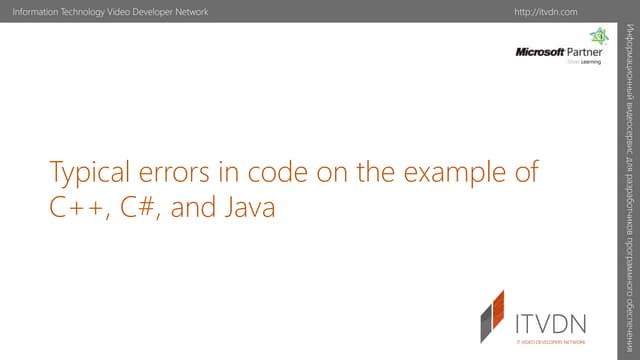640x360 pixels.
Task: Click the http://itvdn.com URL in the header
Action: (x=548, y=10)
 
